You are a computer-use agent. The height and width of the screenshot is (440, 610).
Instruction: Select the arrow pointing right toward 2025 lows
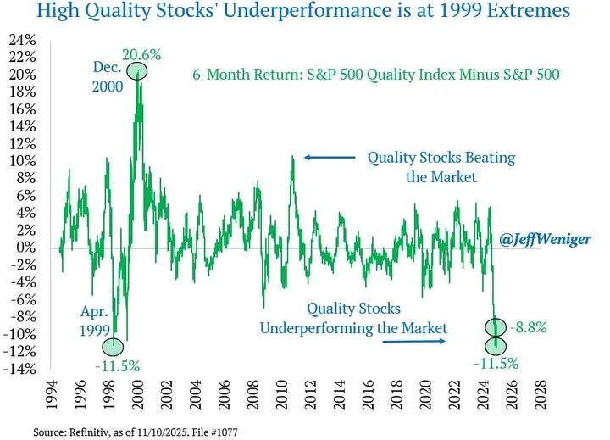click(x=413, y=342)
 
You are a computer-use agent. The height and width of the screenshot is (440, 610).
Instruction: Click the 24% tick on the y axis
click(x=24, y=40)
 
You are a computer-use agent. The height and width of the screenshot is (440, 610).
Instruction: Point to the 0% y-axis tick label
click(x=27, y=248)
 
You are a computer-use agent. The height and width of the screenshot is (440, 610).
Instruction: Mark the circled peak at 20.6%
click(x=139, y=71)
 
